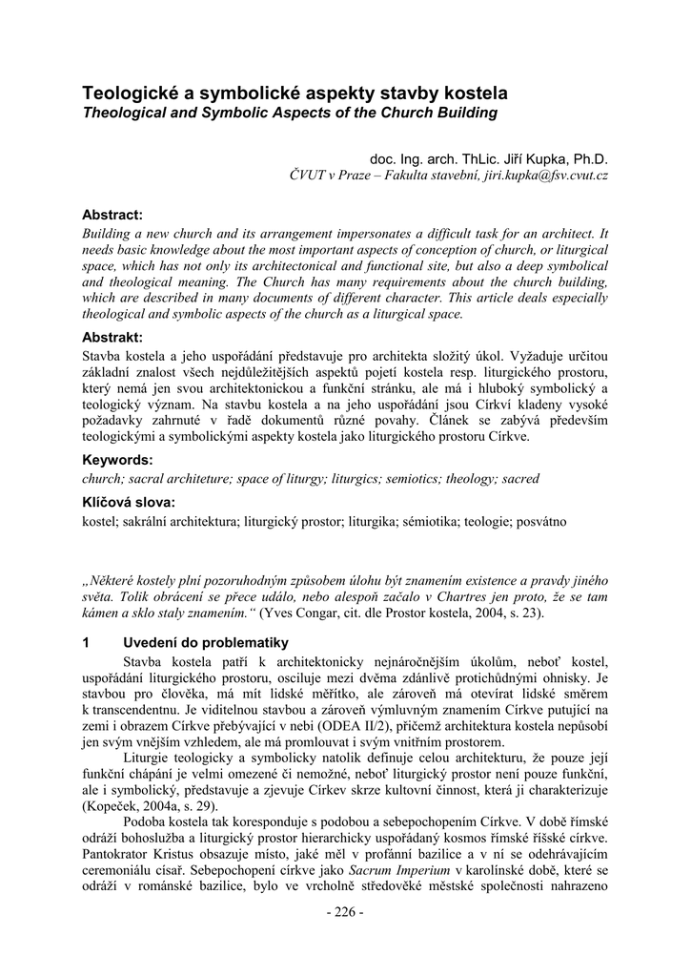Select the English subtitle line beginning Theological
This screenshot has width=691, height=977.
pyautogui.click(x=290, y=113)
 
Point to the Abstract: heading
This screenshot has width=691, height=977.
pyautogui.click(x=112, y=215)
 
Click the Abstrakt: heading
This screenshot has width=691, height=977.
pyautogui.click(x=112, y=337)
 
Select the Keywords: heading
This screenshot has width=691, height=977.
pyautogui.click(x=116, y=460)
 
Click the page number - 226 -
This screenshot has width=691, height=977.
pyautogui.click(x=345, y=913)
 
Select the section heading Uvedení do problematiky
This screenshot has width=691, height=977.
pyautogui.click(x=206, y=642)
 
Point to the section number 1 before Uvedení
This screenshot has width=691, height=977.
pyautogui.click(x=87, y=642)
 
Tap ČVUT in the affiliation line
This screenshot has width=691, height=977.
pyautogui.click(x=307, y=177)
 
